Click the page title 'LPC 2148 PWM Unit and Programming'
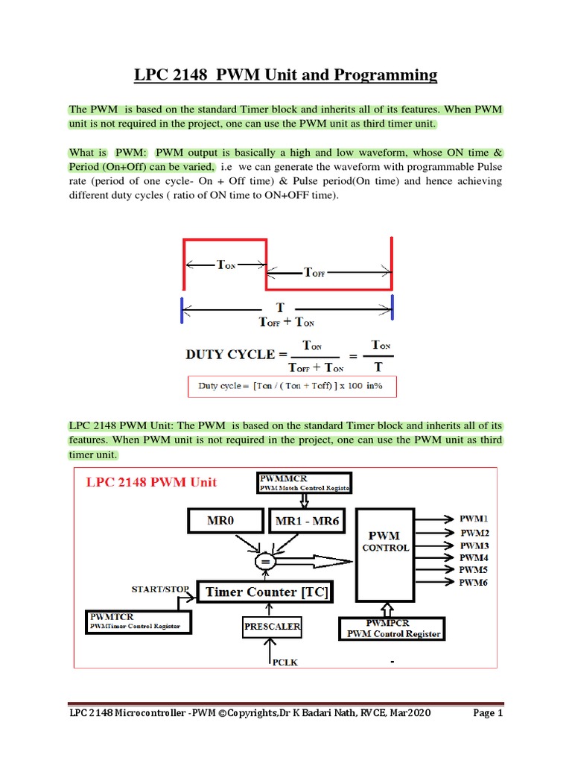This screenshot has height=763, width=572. pyautogui.click(x=285, y=75)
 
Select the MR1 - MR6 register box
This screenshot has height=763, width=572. pyautogui.click(x=307, y=521)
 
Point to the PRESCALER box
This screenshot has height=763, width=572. pyautogui.click(x=272, y=627)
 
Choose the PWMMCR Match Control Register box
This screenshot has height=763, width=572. pyautogui.click(x=303, y=482)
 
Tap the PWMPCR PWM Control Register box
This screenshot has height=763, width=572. pyautogui.click(x=393, y=628)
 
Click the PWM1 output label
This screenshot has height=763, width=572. pyautogui.click(x=474, y=517)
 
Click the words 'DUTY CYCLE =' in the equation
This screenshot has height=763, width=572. pyautogui.click(x=230, y=354)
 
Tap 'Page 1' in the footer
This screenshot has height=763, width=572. pyautogui.click(x=489, y=713)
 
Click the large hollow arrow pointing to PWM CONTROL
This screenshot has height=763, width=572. pyautogui.click(x=317, y=560)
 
